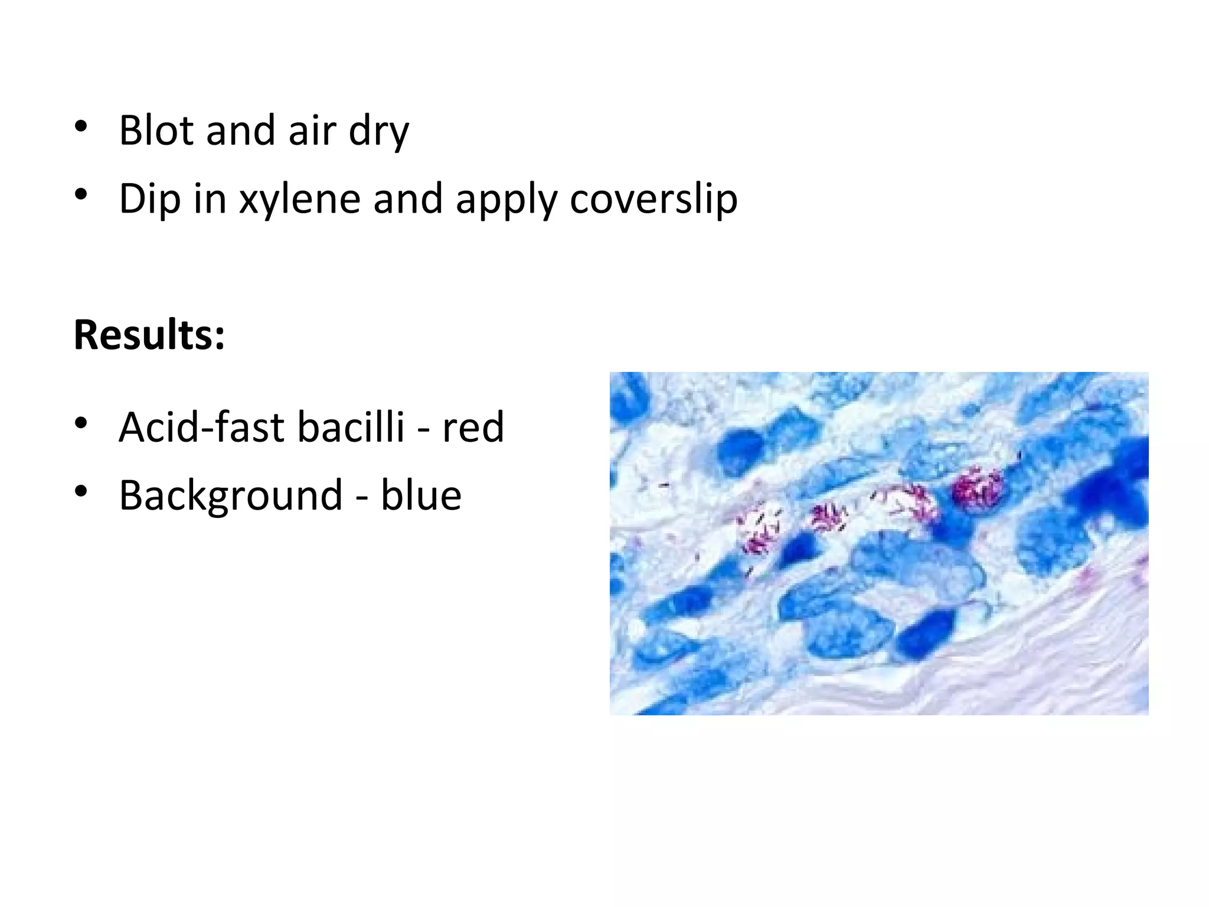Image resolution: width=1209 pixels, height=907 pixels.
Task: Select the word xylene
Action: pos(299,200)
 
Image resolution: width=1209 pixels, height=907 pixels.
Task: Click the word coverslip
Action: pos(653,200)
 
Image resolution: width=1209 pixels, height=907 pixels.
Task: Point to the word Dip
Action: pos(149,199)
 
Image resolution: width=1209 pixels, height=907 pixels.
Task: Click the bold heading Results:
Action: pos(149,335)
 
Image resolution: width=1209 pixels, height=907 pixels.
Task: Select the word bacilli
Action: pos(351,427)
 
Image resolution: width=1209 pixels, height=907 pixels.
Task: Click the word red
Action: pos(473,428)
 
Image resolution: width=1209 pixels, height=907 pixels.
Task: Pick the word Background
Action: pos(231,496)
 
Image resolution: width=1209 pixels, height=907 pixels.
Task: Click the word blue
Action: pos(421,495)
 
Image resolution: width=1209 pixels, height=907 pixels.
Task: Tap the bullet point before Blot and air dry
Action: pos(81,127)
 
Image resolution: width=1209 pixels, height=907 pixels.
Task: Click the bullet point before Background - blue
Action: pos(81,491)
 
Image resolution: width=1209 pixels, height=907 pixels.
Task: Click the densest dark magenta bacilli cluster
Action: pos(977,489)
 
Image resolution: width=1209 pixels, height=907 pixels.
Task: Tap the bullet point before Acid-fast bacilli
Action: pos(81,423)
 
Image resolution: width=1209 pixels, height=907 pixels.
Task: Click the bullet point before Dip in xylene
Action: pos(81,195)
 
